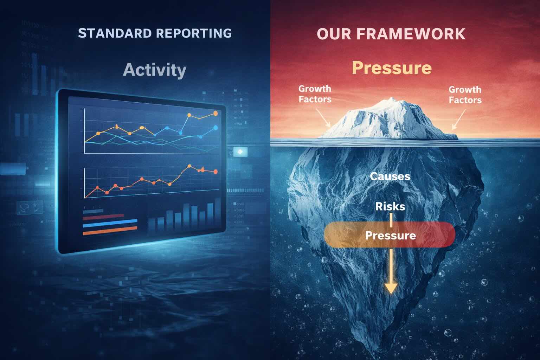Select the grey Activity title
[155, 70]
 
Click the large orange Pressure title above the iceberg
[391, 67]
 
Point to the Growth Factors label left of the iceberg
[315, 94]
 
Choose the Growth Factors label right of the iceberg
[465, 95]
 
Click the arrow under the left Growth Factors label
[324, 118]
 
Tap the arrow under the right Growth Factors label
[458, 120]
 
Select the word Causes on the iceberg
[390, 176]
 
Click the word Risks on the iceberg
[390, 206]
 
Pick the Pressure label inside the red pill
[390, 235]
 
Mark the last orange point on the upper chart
[216, 113]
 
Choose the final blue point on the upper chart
[215, 128]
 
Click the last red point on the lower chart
[215, 172]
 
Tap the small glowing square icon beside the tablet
[240, 152]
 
